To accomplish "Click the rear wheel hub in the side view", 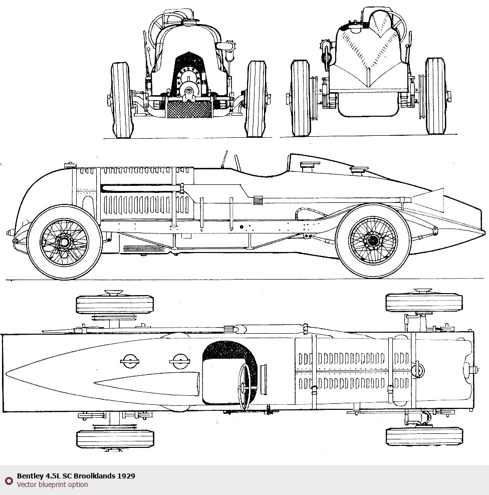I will (x=373, y=241).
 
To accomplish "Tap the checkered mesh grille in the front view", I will (x=189, y=109).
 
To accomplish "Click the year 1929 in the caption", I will (x=126, y=476).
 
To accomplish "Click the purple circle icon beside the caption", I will (x=9, y=480).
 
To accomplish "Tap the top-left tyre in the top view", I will (x=114, y=304).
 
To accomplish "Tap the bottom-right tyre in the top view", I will (x=424, y=436).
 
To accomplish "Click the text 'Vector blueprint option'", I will (x=52, y=485).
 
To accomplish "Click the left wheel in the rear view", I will (x=301, y=98).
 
